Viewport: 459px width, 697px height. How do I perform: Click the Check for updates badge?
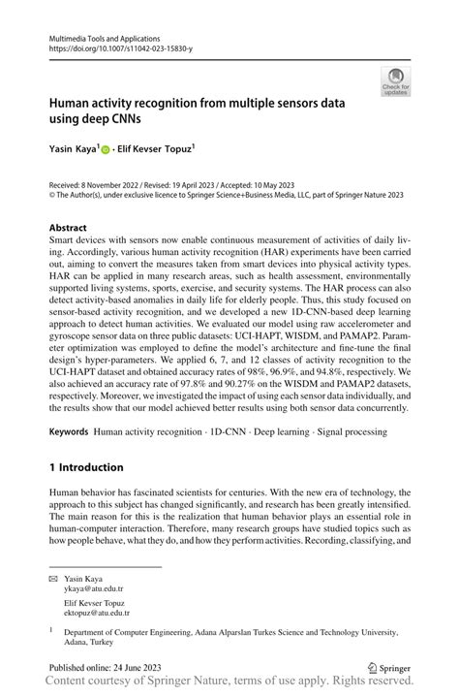click(396, 80)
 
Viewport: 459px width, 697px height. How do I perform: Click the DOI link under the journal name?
click(120, 48)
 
